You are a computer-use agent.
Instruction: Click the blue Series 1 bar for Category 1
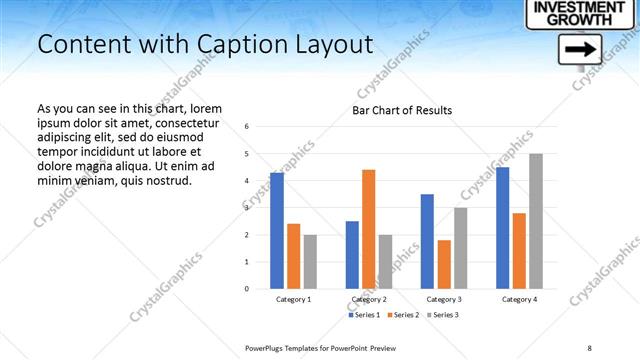276,231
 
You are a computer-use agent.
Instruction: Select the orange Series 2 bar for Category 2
369,229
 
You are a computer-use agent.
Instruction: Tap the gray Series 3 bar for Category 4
536,221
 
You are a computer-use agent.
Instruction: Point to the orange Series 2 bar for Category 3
444,264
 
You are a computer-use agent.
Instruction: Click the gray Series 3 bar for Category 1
310,261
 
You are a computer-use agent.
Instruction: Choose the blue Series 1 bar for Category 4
503,228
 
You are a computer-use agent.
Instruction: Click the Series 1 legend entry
363,315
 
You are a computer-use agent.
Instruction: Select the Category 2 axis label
369,299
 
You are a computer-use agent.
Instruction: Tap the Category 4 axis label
519,299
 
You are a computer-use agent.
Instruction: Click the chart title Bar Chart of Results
402,110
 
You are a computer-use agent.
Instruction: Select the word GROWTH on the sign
566,19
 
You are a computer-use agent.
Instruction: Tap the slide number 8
589,347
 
